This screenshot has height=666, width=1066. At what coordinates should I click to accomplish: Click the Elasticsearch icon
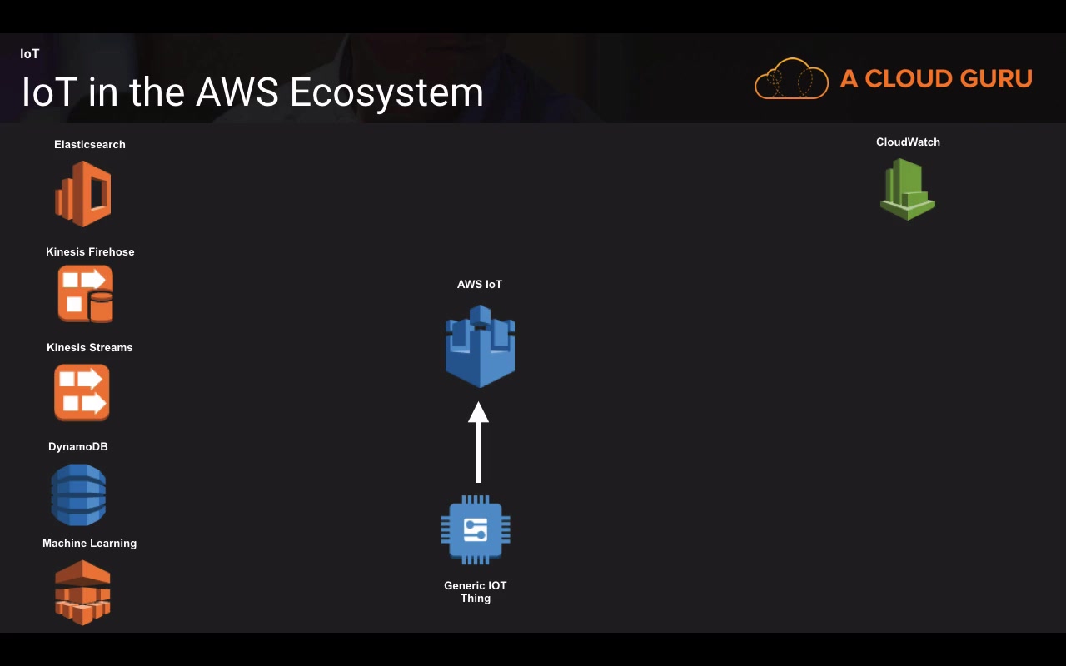pos(83,194)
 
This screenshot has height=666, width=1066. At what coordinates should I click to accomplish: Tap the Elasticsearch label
pos(90,145)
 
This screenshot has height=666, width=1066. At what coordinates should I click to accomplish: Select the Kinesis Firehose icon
pos(85,294)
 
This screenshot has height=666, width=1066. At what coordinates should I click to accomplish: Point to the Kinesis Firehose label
pos(90,252)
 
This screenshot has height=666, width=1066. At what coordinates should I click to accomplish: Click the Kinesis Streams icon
pos(82,393)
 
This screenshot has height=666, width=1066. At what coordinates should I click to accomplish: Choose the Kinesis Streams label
pos(90,348)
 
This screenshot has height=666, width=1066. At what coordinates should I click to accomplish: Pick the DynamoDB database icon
pos(78,495)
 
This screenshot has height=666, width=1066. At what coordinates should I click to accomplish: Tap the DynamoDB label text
pos(78,447)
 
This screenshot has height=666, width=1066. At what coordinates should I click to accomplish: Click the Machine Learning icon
pos(82,593)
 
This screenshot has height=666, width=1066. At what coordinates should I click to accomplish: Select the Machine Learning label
pos(90,544)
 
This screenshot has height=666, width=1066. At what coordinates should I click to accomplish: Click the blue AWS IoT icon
pos(480,345)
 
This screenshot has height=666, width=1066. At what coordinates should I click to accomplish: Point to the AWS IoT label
pos(480,285)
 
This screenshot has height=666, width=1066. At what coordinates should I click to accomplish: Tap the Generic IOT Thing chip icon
pos(476,530)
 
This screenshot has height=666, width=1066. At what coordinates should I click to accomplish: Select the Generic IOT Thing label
pos(476,592)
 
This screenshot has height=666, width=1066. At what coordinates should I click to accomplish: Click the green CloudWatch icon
pos(908,189)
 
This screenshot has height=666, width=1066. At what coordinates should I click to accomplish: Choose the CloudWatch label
pos(908,142)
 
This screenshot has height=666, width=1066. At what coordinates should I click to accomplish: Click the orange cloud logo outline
pos(791,79)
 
